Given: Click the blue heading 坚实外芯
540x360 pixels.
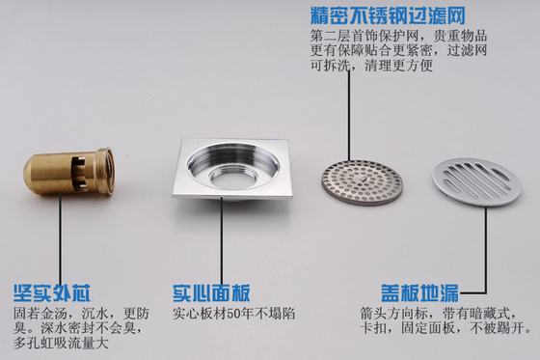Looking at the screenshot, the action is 52,293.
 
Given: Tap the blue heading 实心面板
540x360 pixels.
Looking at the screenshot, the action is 211,293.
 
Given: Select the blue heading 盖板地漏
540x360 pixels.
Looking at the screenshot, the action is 420,293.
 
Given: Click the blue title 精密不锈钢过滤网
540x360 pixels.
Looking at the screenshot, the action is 388,15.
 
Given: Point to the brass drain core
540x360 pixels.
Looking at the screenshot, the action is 68,172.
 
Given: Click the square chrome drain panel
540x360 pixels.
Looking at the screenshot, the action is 232,169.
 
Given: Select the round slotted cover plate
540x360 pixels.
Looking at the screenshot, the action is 476,181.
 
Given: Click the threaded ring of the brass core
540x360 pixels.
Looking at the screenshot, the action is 105,171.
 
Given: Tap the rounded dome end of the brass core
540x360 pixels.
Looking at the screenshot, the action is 35,173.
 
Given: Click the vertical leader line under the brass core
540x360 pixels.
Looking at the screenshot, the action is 60,238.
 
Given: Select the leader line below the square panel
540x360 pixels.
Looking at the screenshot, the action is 222,240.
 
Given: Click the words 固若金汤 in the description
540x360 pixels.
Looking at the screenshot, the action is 40,314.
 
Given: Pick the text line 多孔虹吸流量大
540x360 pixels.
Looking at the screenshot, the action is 61,343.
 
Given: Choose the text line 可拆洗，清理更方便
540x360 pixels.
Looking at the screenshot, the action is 371,65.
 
